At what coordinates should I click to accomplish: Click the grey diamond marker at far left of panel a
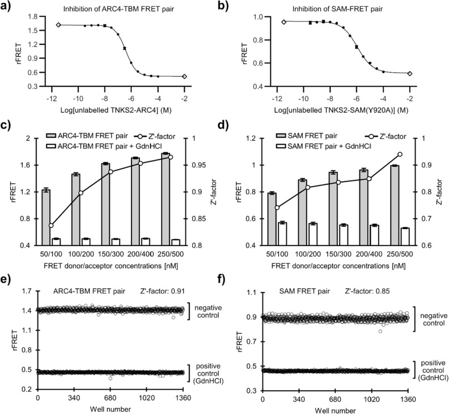pyautogui.click(x=58, y=25)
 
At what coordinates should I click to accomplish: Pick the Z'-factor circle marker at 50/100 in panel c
pyautogui.click(x=51, y=226)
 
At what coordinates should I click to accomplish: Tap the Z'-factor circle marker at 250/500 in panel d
pyautogui.click(x=400, y=154)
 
